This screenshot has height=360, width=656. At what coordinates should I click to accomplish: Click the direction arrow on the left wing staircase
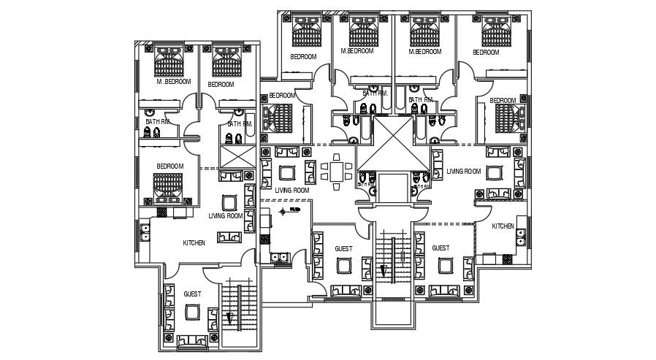[230, 318]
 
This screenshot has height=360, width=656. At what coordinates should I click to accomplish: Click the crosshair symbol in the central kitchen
[282, 212]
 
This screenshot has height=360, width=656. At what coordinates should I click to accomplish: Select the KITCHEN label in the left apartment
[194, 242]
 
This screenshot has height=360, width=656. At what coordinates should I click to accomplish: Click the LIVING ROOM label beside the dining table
[291, 191]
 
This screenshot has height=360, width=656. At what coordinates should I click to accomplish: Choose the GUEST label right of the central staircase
[440, 249]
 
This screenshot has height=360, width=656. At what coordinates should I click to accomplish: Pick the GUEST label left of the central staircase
[343, 249]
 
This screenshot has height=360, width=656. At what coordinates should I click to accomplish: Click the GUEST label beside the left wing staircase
[192, 294]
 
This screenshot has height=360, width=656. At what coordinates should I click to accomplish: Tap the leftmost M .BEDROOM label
[173, 82]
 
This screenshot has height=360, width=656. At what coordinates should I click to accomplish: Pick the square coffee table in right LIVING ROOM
[495, 174]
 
